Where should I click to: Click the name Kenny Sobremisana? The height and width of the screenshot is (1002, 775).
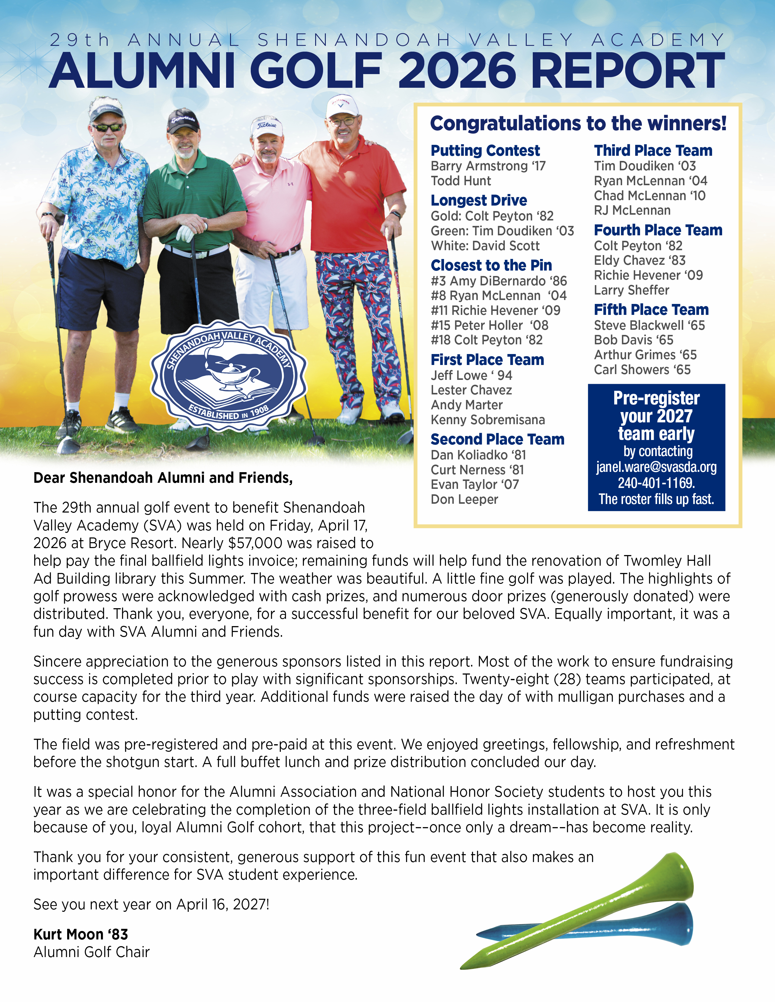[487, 420]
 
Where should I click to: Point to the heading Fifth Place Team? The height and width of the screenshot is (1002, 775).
[651, 310]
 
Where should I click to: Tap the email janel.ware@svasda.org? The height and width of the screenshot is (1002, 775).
[656, 467]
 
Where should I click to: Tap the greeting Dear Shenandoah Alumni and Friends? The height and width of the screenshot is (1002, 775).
[163, 478]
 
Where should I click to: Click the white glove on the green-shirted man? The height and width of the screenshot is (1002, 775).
[185, 233]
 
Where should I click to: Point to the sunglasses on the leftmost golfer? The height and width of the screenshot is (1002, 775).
[107, 128]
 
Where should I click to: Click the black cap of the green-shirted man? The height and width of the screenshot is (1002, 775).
[183, 121]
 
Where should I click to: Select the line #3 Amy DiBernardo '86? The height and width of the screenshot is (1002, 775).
[499, 281]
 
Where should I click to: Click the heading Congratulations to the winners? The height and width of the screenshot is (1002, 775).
[578, 123]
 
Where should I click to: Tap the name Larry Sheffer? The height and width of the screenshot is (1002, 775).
[631, 290]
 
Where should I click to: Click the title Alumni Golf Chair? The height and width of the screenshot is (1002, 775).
[91, 952]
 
